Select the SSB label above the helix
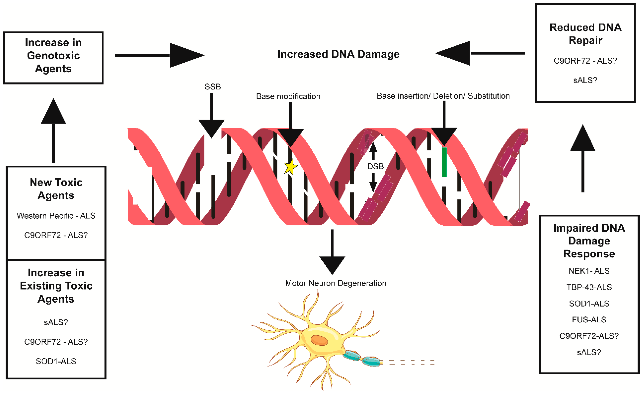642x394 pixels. point(213,87)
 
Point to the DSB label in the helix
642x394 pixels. point(375,166)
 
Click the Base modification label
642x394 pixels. point(288,96)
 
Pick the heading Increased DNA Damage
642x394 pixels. point(338,54)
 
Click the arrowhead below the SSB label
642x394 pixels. point(211,128)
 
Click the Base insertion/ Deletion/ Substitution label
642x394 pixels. point(443,96)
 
